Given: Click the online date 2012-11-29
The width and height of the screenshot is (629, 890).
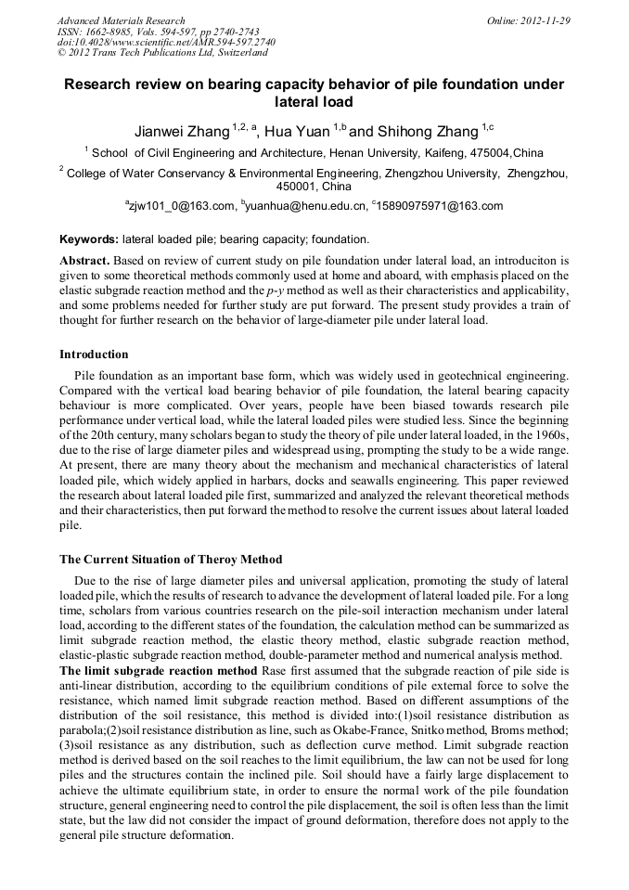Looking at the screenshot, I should click(x=546, y=20).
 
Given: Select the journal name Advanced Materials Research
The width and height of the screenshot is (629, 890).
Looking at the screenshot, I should click(x=122, y=20).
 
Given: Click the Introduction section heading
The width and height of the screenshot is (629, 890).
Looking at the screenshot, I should click(x=94, y=355).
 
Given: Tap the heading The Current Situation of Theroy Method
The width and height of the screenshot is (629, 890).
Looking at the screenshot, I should click(x=171, y=560).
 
